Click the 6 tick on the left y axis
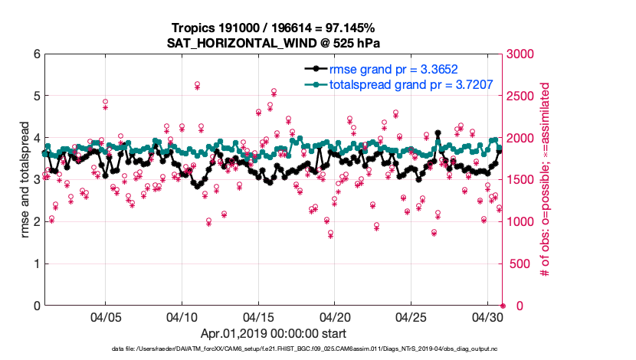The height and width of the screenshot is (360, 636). coord(36,54)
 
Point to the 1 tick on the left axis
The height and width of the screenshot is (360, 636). coord(36,263)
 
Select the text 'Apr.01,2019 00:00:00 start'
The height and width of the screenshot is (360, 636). coord(273,333)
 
